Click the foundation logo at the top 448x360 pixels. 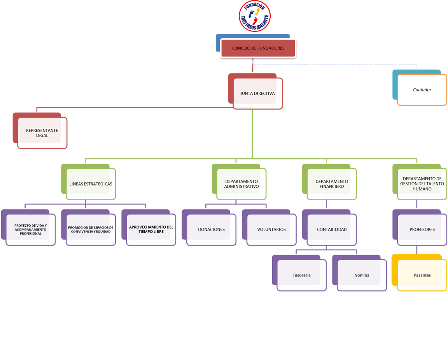(x=255, y=16)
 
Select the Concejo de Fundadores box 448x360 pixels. (x=258, y=48)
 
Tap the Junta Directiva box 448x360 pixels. (x=257, y=93)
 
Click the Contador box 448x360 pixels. (x=422, y=90)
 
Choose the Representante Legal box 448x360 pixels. (x=42, y=133)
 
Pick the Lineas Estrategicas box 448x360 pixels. (x=91, y=184)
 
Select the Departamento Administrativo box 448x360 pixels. (x=241, y=184)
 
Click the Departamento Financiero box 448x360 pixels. (x=332, y=184)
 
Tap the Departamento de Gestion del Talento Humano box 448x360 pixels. (x=422, y=184)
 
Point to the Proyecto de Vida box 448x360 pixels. (x=31, y=229)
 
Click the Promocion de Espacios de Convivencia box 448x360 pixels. (x=91, y=229)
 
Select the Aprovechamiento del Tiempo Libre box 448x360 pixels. (x=151, y=229)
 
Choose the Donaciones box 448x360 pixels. (x=211, y=229)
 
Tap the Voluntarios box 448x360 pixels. (x=271, y=229)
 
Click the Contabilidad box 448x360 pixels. (x=332, y=229)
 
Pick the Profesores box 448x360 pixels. (x=422, y=229)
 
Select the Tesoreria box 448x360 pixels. (x=301, y=275)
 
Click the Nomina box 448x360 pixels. (x=362, y=275)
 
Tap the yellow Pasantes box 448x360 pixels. (x=422, y=275)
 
